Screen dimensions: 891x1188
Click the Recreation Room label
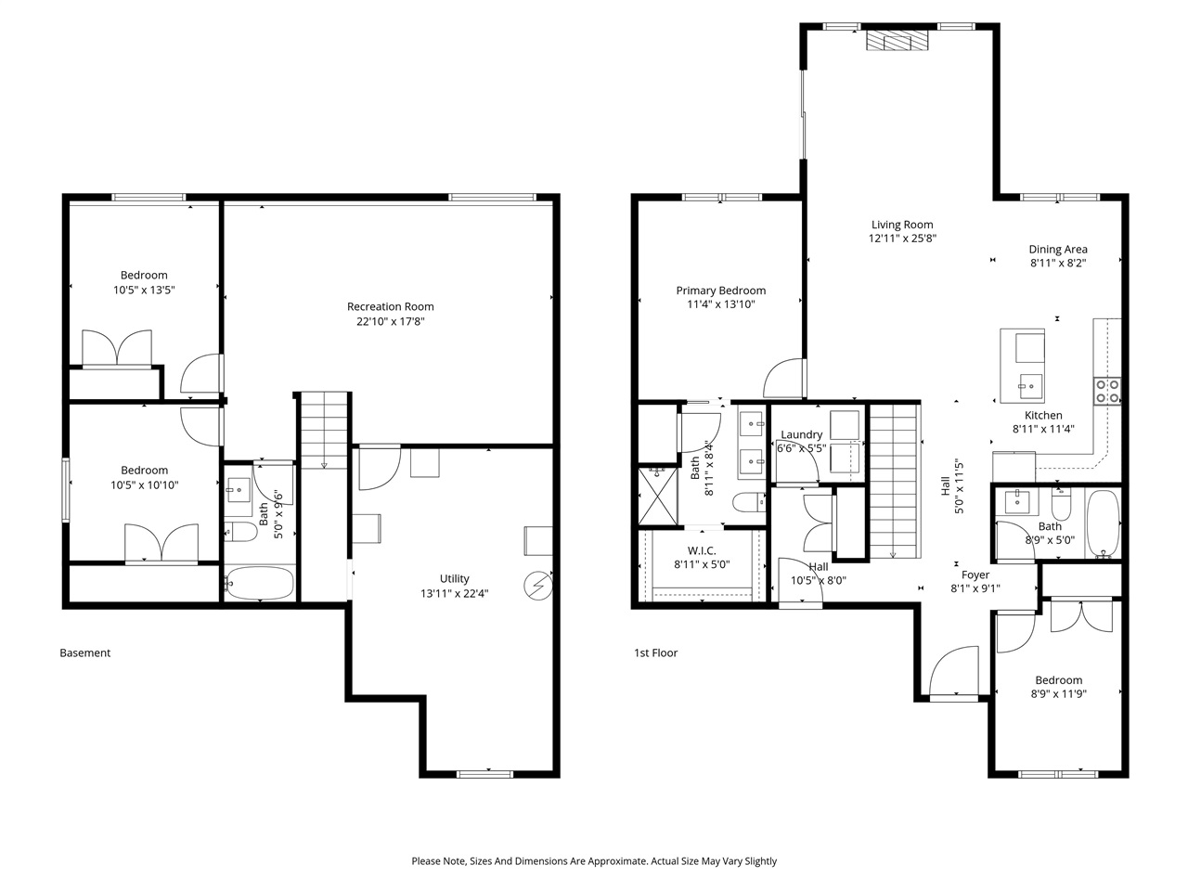click(390, 306)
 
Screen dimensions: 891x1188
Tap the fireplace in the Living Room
click(897, 42)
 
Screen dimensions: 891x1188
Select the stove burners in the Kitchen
click(1106, 391)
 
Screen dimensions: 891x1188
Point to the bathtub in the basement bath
click(260, 584)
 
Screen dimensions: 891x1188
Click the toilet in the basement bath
click(239, 533)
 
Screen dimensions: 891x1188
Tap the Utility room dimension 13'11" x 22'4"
click(454, 593)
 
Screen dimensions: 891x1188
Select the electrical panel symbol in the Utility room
click(537, 586)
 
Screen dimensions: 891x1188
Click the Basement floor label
click(84, 652)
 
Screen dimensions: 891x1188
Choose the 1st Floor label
click(655, 652)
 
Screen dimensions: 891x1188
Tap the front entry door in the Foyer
click(952, 672)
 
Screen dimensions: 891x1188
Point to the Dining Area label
click(1057, 249)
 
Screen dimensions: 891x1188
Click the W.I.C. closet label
click(702, 550)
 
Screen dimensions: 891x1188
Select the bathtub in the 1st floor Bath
click(1103, 524)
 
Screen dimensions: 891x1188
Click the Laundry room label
click(801, 434)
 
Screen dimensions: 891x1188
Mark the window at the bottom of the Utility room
click(484, 773)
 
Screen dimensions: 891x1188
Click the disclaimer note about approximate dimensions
click(594, 861)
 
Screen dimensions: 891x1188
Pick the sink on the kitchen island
click(1028, 381)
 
